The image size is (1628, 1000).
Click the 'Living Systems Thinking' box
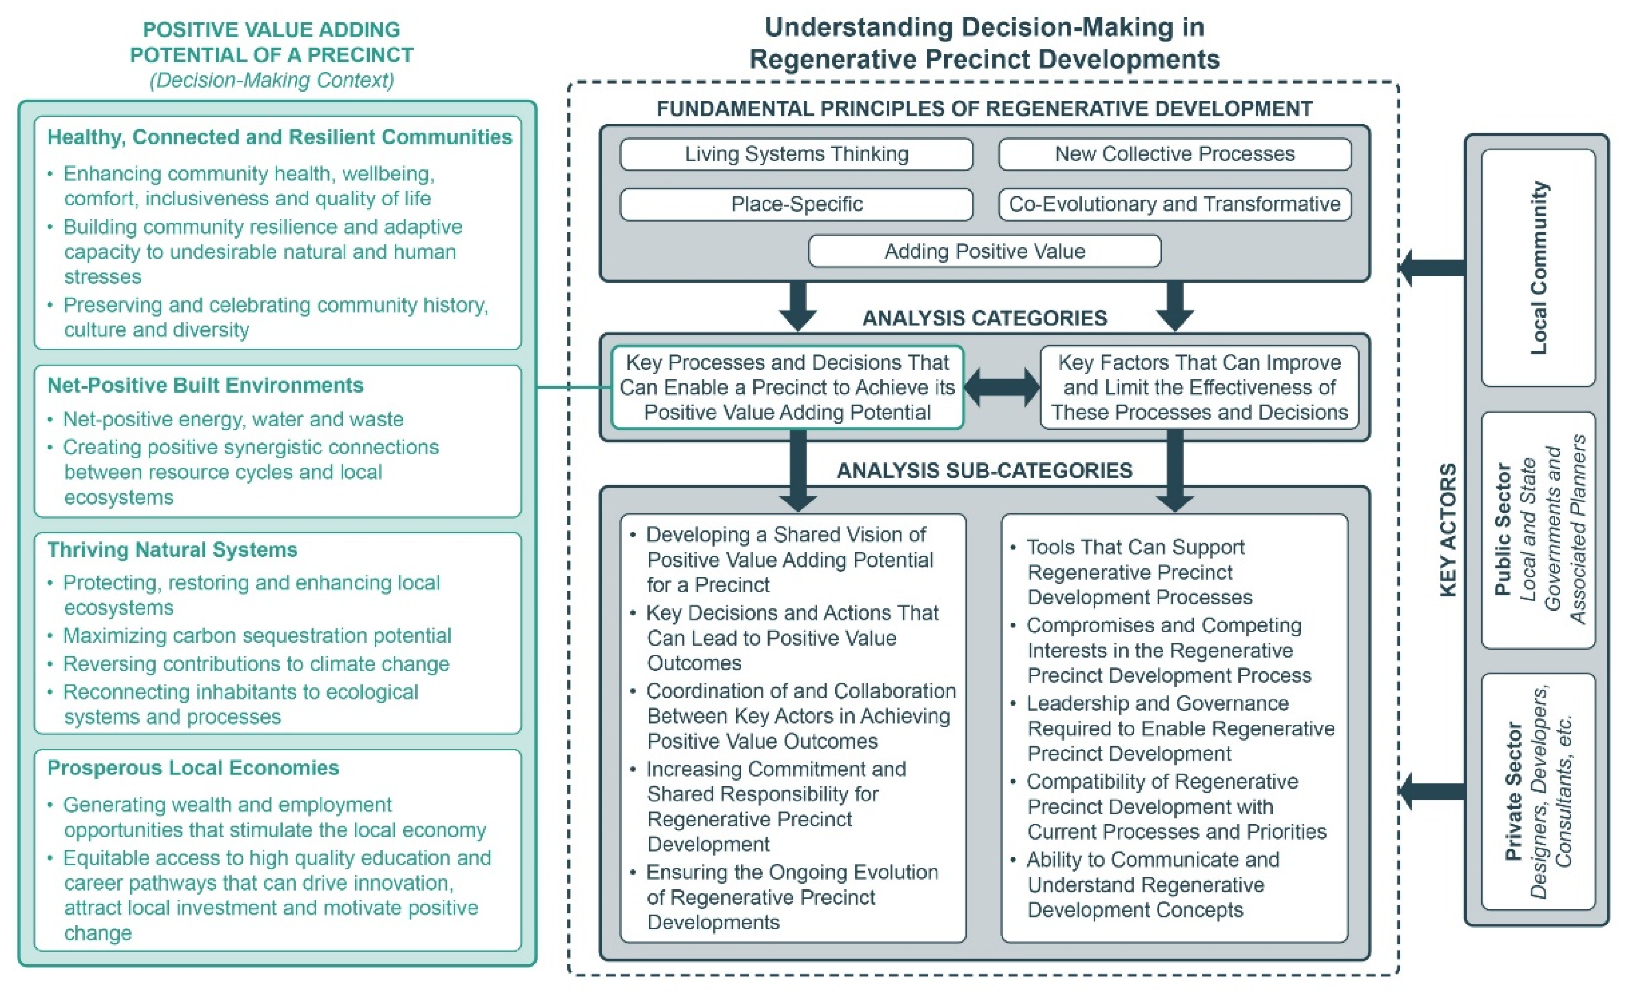pyautogui.click(x=796, y=154)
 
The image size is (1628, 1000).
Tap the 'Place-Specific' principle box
pyautogui.click(x=796, y=204)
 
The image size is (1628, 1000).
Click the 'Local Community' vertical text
pyautogui.click(x=1539, y=268)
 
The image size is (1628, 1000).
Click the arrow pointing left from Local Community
pyautogui.click(x=1431, y=268)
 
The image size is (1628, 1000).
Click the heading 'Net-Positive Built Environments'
pyautogui.click(x=205, y=386)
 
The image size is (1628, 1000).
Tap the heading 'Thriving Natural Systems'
pyautogui.click(x=172, y=550)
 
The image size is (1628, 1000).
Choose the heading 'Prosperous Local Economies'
pyautogui.click(x=193, y=768)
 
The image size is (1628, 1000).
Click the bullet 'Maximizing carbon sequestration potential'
pyautogui.click(x=257, y=636)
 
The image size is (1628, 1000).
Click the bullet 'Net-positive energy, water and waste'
pyautogui.click(x=233, y=419)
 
